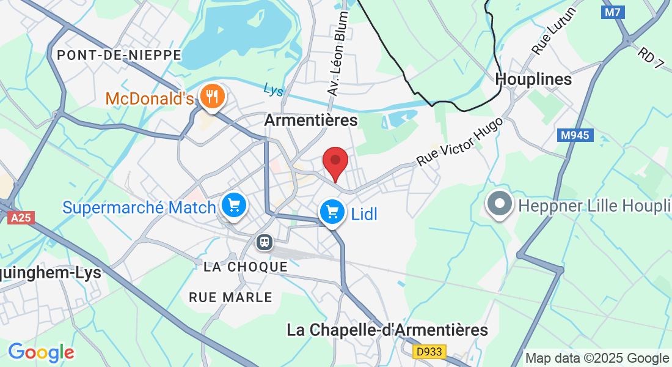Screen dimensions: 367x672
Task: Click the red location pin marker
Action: coord(335,162)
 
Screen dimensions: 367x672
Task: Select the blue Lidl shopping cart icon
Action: coord(332,213)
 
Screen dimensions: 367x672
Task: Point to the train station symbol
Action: coord(265,242)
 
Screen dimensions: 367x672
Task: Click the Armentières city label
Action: coord(310,120)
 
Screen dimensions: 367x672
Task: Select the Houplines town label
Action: coord(533,80)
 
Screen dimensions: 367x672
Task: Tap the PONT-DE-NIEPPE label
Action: coord(119,55)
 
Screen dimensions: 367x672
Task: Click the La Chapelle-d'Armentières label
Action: coord(387,330)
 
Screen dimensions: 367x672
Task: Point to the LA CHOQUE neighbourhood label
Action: coord(246,267)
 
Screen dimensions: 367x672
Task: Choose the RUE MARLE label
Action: coord(230,297)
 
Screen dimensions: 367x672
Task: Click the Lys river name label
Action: coord(274,90)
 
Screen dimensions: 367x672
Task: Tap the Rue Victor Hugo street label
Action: coord(459,141)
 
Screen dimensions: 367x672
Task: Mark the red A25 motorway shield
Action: coord(21,217)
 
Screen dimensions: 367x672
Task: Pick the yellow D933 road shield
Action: coord(430,352)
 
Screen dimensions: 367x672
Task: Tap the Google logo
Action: coord(41,352)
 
